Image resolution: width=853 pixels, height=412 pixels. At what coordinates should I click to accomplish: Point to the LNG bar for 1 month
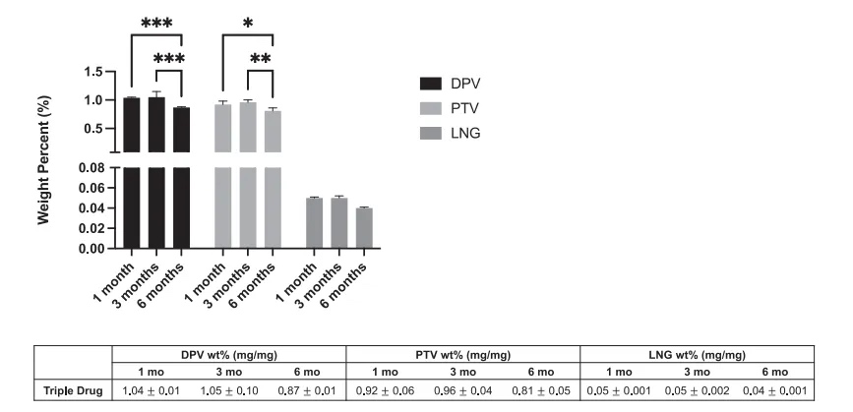click(315, 222)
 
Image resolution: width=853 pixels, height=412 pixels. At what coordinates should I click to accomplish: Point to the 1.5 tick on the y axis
click(93, 72)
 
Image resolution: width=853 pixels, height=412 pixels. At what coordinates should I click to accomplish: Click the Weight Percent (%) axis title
click(45, 159)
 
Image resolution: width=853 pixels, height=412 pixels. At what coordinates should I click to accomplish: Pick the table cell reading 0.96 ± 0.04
click(462, 392)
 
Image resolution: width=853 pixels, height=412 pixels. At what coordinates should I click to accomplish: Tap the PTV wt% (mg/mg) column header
click(463, 355)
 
